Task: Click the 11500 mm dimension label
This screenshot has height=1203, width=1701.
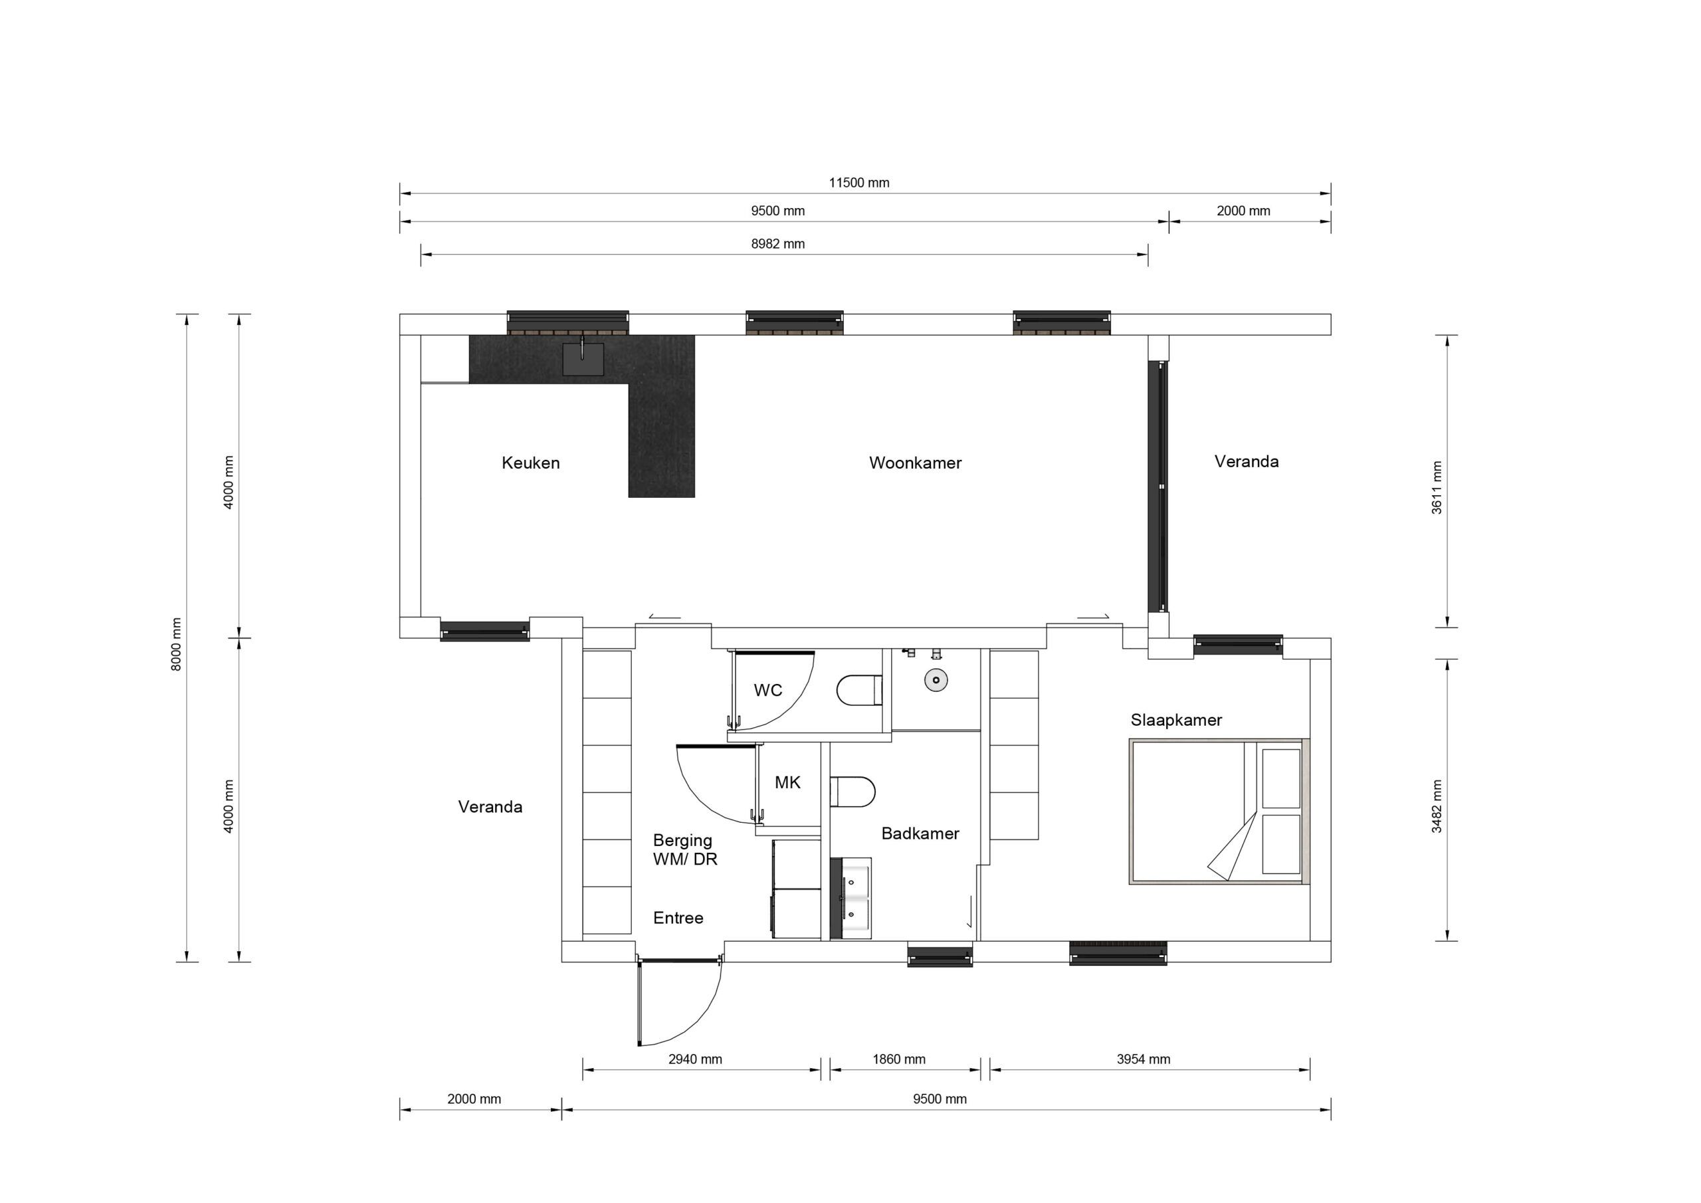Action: tap(858, 183)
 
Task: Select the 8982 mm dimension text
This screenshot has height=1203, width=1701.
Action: tap(777, 244)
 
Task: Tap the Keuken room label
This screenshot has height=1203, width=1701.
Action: tap(530, 463)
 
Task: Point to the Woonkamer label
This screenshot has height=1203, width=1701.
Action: tap(915, 463)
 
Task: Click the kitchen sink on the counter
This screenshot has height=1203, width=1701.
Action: tap(583, 359)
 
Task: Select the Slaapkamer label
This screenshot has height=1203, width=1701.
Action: tap(1175, 720)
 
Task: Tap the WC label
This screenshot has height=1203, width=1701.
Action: tap(767, 691)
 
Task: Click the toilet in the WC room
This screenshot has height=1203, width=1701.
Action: tap(859, 690)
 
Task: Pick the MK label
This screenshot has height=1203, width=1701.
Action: tap(787, 783)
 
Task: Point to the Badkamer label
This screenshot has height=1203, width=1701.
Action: tap(920, 834)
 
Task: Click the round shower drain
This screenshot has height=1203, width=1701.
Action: tap(937, 680)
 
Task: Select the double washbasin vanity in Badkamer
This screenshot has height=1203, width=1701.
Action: tap(850, 899)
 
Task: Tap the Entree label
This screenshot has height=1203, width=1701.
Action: tap(678, 919)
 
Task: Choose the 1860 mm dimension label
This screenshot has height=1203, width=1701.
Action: tap(898, 1059)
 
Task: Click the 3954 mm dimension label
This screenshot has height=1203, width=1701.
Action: tap(1143, 1059)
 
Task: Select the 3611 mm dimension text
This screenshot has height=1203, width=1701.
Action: tap(1437, 488)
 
